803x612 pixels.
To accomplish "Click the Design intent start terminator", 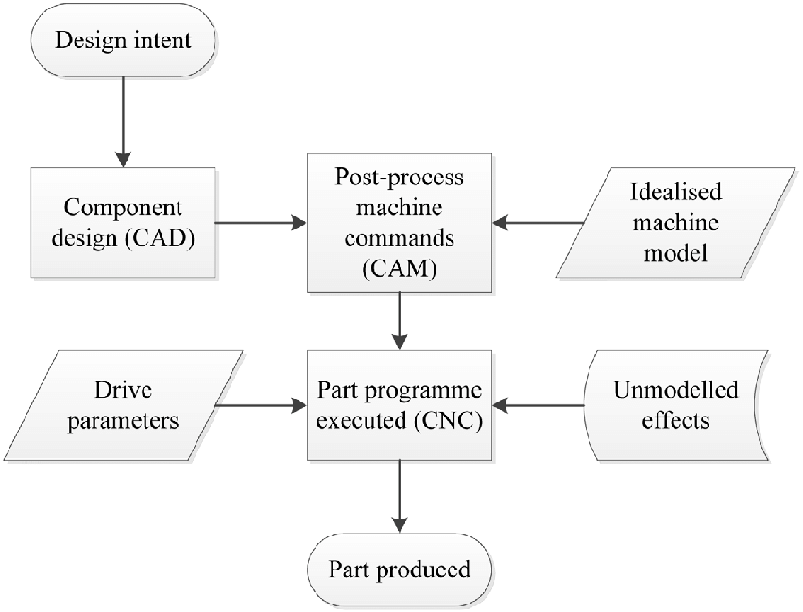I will coord(122,42).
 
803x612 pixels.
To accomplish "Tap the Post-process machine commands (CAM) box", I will coord(400,224).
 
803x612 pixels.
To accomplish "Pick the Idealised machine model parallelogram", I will coord(675,224).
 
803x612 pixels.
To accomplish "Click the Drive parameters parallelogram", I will coord(135,406).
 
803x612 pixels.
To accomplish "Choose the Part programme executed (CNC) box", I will coord(400,406).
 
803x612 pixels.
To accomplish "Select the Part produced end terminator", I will coord(399,569).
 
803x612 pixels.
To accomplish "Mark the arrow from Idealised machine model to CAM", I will coord(538,224).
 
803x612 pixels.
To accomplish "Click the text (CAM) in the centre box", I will coord(400,271).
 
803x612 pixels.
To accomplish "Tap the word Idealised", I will coord(675,192).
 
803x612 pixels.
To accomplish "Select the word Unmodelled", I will coord(675,390).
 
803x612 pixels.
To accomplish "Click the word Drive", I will coord(123,390).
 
